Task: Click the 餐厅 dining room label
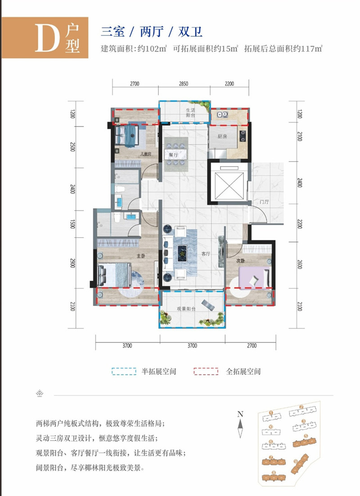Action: [174, 155]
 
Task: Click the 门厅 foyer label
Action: [263, 201]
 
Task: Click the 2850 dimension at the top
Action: [183, 84]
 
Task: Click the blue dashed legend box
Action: [124, 372]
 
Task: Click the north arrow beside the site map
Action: [241, 421]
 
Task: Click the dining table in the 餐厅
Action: [174, 153]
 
